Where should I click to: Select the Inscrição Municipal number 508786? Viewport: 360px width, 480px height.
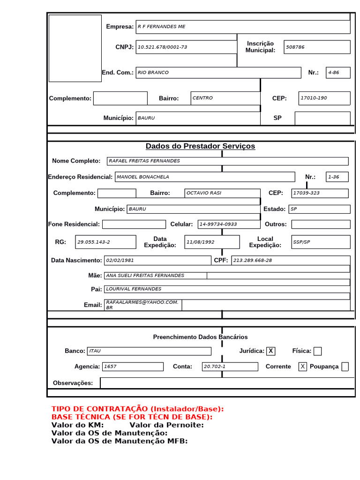(x=295, y=47)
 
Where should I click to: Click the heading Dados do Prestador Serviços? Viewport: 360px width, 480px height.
(x=200, y=146)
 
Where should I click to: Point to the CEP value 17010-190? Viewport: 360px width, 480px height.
(x=314, y=98)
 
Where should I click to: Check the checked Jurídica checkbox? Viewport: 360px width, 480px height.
(x=271, y=351)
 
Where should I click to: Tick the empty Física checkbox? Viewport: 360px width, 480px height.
(x=317, y=351)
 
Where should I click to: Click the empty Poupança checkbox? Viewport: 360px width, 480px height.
(x=345, y=367)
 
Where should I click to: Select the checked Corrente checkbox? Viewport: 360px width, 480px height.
(x=303, y=367)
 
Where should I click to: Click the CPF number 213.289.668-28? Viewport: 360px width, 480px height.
(x=252, y=260)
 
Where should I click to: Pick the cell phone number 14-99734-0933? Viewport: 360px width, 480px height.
(x=218, y=225)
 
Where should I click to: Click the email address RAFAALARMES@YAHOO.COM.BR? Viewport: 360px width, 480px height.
(x=142, y=305)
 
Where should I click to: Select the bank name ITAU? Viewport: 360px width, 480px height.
(x=95, y=351)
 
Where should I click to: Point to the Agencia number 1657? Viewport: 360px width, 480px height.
(x=111, y=367)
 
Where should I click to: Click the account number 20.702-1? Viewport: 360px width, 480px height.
(x=214, y=367)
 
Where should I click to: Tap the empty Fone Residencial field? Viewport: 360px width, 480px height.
(x=134, y=225)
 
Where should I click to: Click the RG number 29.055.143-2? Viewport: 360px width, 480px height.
(x=93, y=242)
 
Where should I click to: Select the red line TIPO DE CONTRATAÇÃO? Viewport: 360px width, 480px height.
(x=137, y=409)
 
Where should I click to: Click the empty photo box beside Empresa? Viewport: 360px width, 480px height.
(x=75, y=48)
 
